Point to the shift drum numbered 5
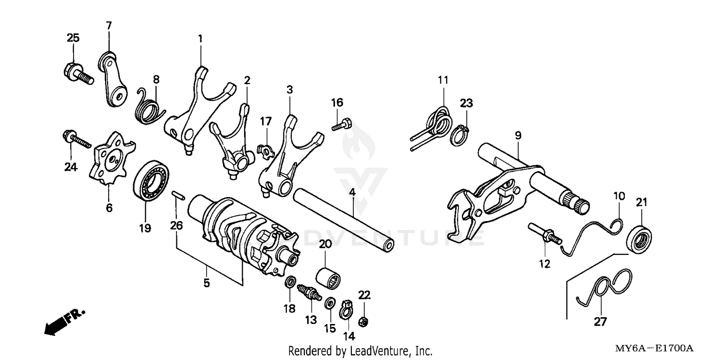point(240,236)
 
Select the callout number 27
point(600,322)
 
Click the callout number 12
point(545,263)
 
